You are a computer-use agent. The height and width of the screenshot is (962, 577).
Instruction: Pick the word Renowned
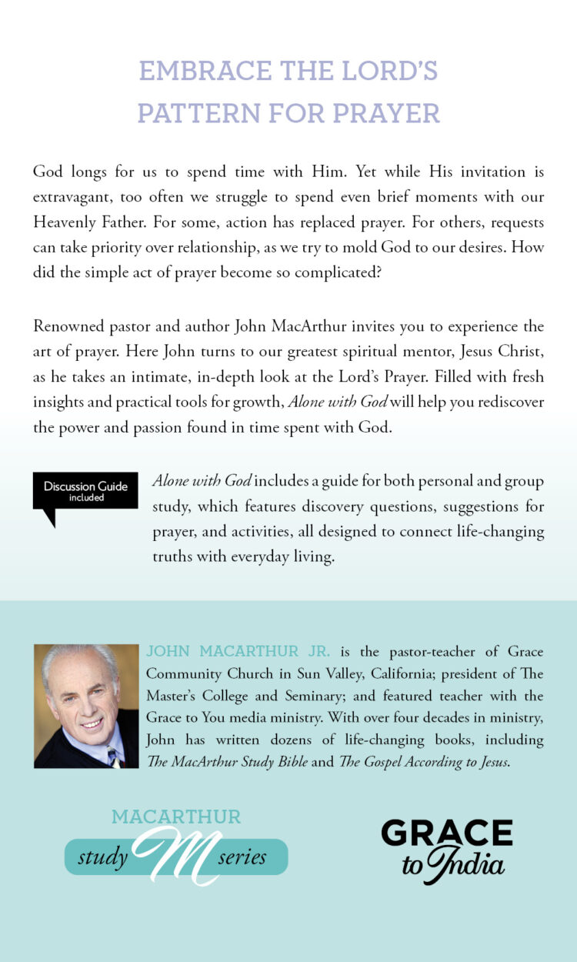(68, 326)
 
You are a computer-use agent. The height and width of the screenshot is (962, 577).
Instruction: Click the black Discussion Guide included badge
(85, 493)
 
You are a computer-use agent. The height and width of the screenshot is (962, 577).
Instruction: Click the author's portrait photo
(86, 706)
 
